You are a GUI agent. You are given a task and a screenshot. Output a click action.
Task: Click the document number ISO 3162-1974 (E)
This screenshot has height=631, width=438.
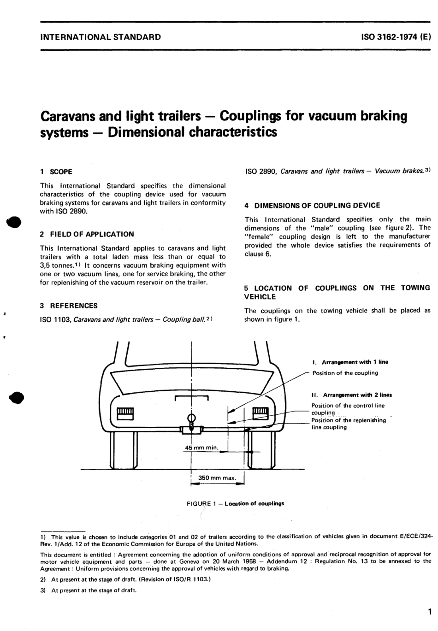395,37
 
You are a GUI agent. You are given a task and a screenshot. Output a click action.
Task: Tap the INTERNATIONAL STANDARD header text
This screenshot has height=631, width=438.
101,37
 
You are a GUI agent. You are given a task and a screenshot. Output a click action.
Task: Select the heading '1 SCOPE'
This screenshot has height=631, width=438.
56,172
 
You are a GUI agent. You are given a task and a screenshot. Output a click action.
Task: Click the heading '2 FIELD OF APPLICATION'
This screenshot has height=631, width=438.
87,234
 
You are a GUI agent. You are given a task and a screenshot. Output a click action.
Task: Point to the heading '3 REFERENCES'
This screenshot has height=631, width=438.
69,306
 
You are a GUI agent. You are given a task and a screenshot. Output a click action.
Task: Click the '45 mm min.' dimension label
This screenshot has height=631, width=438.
201,448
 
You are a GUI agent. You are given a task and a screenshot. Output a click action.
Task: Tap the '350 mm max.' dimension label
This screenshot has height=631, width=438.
217,478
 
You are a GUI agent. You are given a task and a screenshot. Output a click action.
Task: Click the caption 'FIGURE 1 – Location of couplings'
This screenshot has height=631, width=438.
235,503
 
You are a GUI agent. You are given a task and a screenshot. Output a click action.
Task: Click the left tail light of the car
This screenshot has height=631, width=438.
125,413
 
